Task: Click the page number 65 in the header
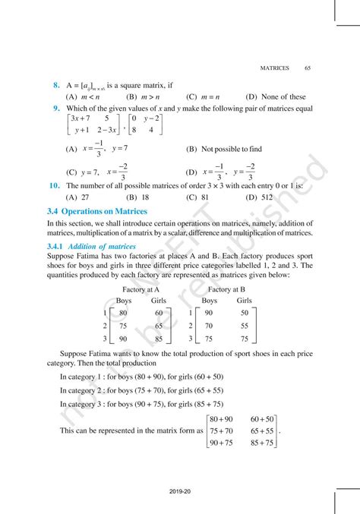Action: point(308,68)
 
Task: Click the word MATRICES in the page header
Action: point(274,68)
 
